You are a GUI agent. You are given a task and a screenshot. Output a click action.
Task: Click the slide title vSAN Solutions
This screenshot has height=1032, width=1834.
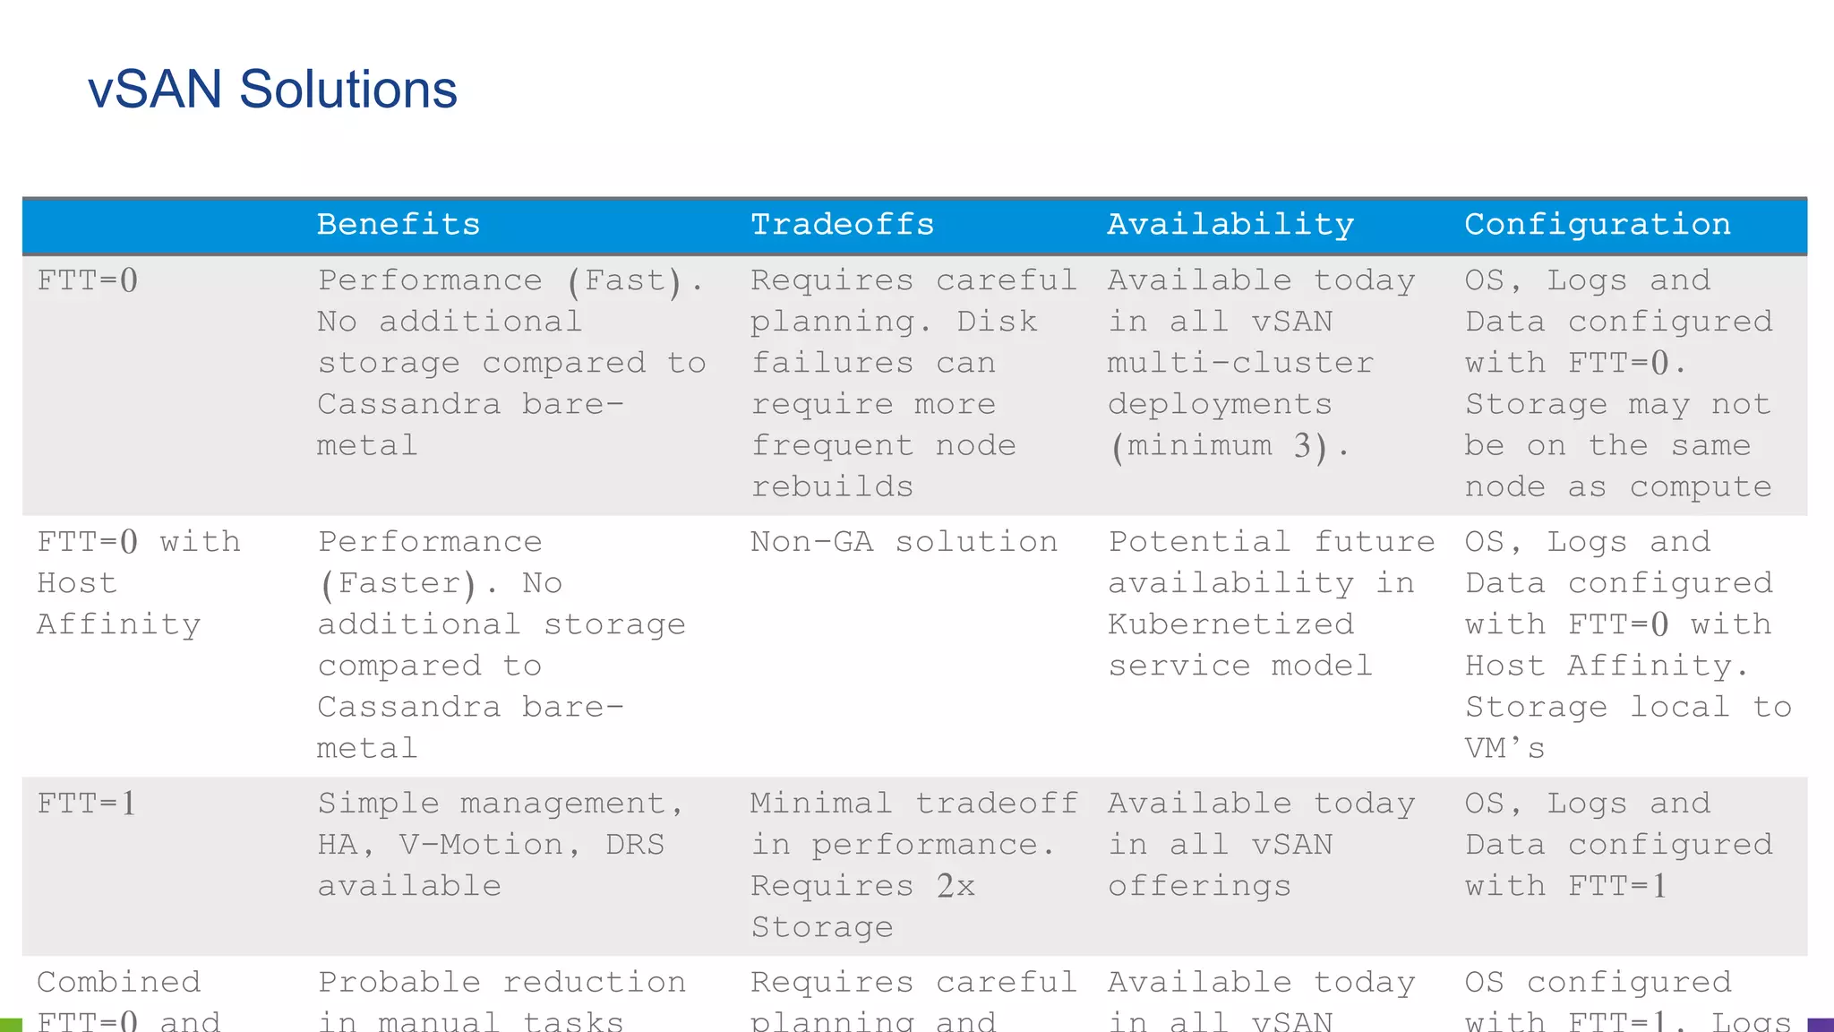coord(272,90)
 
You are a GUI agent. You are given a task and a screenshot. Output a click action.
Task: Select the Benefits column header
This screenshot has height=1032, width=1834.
coord(399,224)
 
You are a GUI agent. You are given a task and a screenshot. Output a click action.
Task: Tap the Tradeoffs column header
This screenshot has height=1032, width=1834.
coord(842,224)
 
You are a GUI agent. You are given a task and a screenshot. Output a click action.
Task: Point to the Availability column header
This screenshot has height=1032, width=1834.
coord(1230,224)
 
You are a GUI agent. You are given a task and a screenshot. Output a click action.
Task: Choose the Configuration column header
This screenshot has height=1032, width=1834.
coord(1597,224)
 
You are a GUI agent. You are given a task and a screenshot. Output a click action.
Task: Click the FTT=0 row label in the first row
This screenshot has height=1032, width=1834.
coord(88,280)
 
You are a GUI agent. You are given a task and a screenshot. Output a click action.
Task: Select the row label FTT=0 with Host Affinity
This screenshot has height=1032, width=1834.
coord(138,583)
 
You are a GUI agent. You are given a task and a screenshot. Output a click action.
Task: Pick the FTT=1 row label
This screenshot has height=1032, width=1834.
coord(87,804)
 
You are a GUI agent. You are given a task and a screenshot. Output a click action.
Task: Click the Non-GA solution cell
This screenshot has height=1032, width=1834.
coord(904,542)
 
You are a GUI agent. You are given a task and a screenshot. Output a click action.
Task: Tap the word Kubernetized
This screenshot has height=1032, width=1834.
coord(1230,624)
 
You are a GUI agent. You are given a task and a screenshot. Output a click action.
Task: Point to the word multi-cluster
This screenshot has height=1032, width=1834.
coord(1240,363)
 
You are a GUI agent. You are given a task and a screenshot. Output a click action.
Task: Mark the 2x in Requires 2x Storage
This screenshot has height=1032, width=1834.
coord(956,886)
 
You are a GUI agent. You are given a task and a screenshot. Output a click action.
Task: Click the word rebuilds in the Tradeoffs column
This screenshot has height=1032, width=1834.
coord(832,486)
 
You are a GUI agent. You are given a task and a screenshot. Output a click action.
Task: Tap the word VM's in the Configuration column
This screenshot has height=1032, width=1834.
coord(1504,748)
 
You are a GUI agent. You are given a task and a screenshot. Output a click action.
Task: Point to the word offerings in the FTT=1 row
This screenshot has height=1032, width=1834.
coord(1199,886)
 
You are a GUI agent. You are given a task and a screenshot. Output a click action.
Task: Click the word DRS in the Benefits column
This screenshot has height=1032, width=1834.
coord(635,845)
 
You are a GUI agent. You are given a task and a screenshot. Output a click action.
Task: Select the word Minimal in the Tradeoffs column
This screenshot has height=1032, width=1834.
coord(820,804)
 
